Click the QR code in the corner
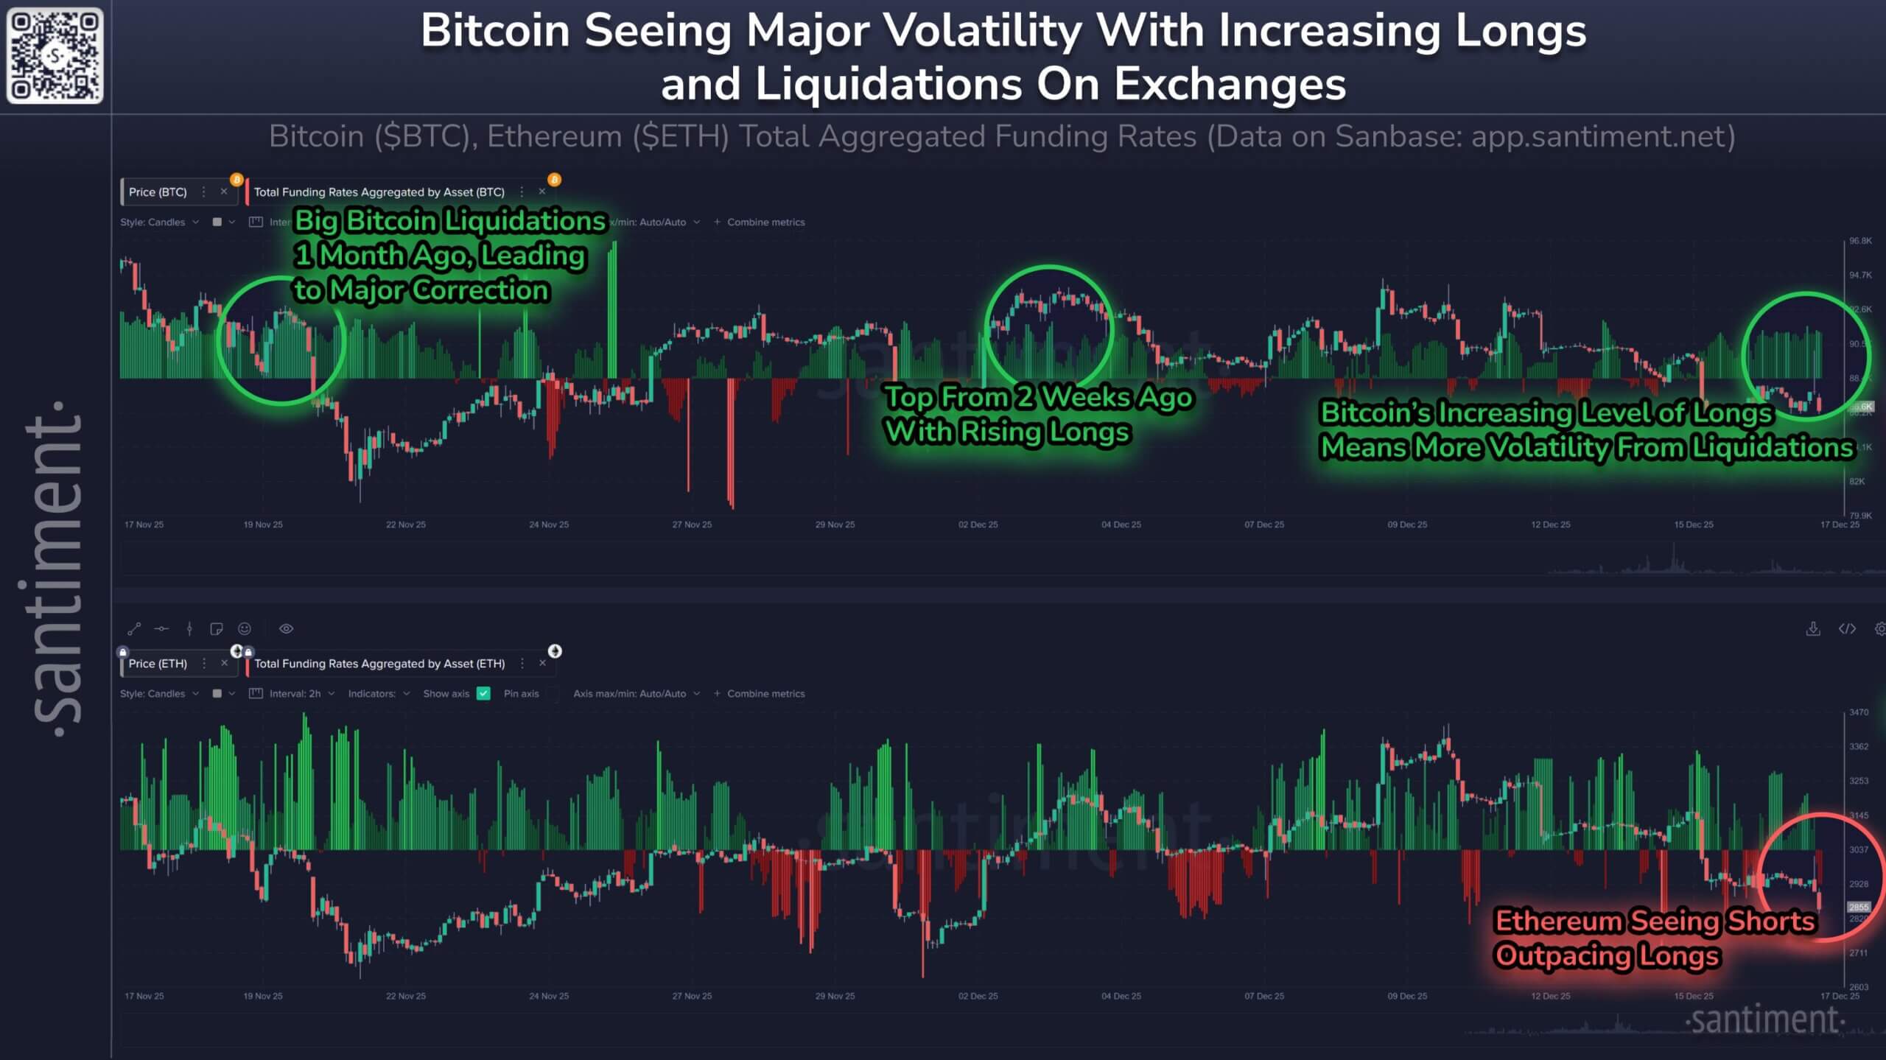(x=55, y=55)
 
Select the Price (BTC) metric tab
(x=158, y=192)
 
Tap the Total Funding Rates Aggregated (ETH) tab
(x=379, y=663)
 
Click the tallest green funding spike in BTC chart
(x=613, y=309)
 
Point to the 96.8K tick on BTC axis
(x=1860, y=241)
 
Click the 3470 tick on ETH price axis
(x=1859, y=712)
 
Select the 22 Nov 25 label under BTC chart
(x=406, y=524)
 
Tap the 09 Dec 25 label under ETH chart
(x=1407, y=996)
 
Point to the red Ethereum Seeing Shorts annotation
(x=1654, y=938)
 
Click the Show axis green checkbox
(x=483, y=693)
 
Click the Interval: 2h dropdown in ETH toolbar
(x=295, y=693)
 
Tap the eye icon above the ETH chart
(x=287, y=628)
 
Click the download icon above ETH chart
(x=1813, y=628)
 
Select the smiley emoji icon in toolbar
(x=245, y=628)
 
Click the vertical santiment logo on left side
(x=56, y=567)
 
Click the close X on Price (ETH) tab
(x=224, y=663)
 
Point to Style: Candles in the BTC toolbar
(x=153, y=222)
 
